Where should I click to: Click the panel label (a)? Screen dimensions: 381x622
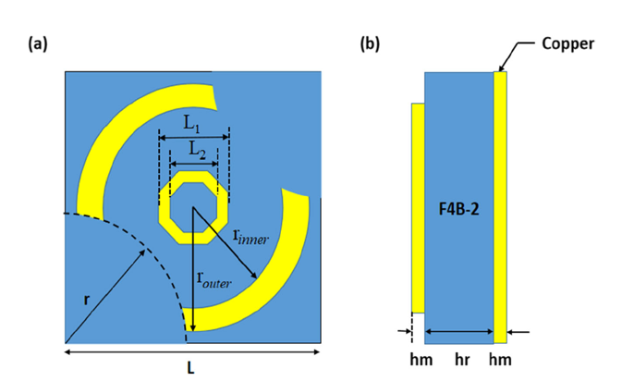(39, 43)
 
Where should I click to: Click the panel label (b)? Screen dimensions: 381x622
(369, 43)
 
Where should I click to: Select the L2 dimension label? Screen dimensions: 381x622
(192, 148)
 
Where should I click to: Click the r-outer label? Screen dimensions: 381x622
(213, 279)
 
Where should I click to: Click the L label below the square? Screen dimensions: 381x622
(191, 367)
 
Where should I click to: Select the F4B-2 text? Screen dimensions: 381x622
(457, 210)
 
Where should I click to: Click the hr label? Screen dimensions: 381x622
(458, 356)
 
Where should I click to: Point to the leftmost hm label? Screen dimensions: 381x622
(418, 356)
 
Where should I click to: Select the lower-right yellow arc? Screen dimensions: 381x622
(277, 277)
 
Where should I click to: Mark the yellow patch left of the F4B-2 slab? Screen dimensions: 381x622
(418, 208)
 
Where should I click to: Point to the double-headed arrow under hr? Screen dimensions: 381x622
(458, 331)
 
